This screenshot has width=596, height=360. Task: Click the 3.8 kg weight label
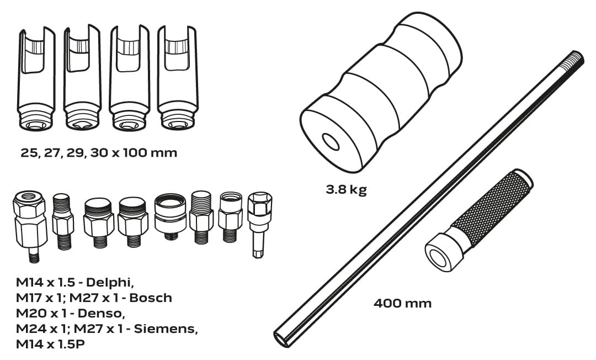click(346, 189)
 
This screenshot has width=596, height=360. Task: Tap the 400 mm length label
click(402, 303)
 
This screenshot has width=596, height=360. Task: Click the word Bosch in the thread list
click(151, 298)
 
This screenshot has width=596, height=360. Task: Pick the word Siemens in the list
click(166, 329)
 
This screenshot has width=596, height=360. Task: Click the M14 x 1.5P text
click(51, 344)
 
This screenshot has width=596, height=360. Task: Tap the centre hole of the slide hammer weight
click(331, 142)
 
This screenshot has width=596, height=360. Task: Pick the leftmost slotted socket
click(36, 78)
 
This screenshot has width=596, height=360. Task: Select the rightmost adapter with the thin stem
click(259, 225)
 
